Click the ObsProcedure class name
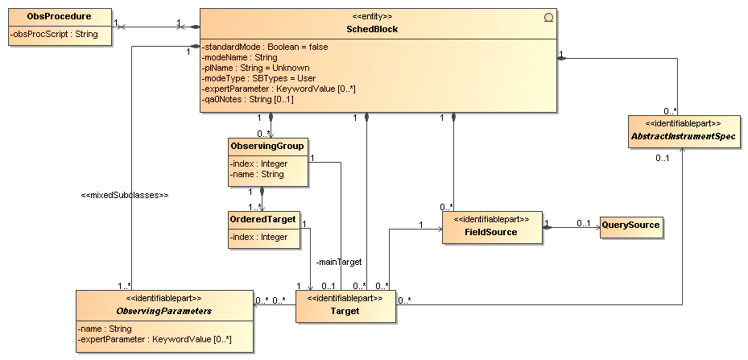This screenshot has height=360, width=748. [59, 16]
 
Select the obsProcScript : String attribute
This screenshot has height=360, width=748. [54, 34]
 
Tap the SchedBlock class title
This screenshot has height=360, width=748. [372, 29]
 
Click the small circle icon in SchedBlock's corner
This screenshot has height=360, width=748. [548, 18]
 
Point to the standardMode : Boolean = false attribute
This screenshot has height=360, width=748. [265, 47]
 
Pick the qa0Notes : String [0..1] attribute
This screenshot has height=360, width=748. [247, 99]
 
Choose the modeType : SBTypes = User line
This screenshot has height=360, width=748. [258, 78]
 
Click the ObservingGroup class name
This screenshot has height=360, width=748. [267, 146]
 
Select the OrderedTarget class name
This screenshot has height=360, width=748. [262, 220]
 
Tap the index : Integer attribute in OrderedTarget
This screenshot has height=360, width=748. [258, 237]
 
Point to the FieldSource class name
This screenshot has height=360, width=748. [491, 232]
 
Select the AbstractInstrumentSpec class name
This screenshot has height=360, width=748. [683, 136]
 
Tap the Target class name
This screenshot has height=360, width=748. [345, 311]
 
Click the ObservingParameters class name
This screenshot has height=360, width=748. [164, 311]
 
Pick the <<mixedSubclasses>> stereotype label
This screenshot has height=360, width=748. [125, 195]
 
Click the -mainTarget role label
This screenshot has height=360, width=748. [339, 262]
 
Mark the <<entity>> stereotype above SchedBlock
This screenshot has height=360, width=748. [372, 17]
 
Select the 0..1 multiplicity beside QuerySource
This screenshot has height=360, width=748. [583, 223]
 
